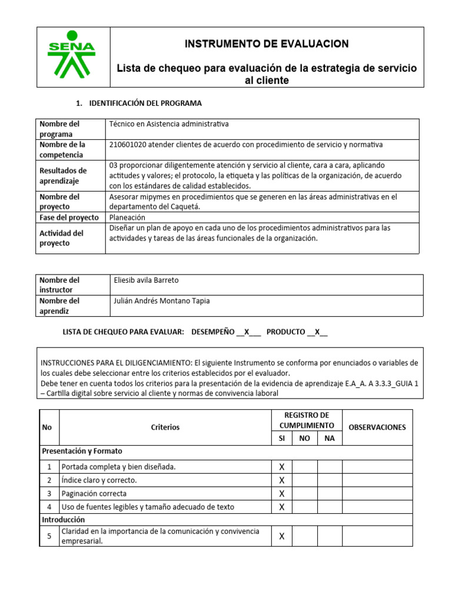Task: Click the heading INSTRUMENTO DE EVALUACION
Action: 267,44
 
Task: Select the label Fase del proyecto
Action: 69,218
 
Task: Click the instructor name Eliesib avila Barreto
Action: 147,280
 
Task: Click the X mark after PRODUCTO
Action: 317,332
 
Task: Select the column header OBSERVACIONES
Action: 377,427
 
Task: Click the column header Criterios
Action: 165,427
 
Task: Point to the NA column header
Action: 329,439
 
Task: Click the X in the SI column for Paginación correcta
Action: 281,494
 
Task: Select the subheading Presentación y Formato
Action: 82,451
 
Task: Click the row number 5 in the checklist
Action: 49,536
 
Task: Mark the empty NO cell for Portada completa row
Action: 304,467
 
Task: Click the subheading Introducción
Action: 64,520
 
